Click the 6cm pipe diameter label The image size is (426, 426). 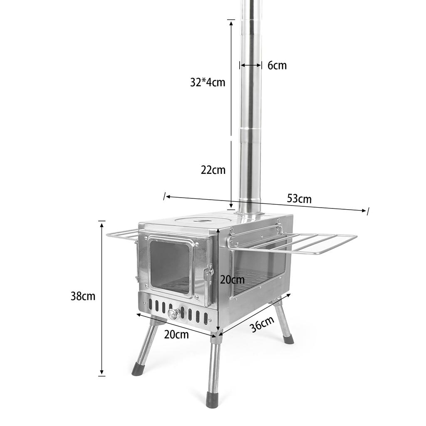[x=277, y=65]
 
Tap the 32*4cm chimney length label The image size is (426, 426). [x=208, y=82]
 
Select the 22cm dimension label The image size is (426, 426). [x=213, y=170]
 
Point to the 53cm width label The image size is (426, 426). [x=299, y=199]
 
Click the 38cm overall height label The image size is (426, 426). [x=83, y=296]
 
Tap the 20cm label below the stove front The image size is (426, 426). [x=176, y=334]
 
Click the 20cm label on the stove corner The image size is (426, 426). [x=232, y=280]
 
